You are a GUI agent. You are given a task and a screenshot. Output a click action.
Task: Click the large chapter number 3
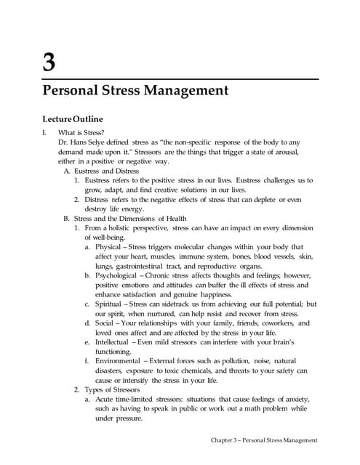(x=49, y=62)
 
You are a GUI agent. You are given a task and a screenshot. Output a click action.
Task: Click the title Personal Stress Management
(x=136, y=92)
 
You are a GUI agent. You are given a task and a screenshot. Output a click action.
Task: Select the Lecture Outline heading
(x=73, y=118)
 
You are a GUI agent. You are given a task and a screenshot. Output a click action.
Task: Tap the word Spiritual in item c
(x=109, y=304)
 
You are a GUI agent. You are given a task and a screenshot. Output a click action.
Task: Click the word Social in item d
(x=106, y=323)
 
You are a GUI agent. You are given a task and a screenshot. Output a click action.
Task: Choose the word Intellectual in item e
(x=114, y=341)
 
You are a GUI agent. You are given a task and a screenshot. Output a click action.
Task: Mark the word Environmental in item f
(x=119, y=360)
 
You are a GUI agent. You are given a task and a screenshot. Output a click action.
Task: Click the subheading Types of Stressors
(x=115, y=389)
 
